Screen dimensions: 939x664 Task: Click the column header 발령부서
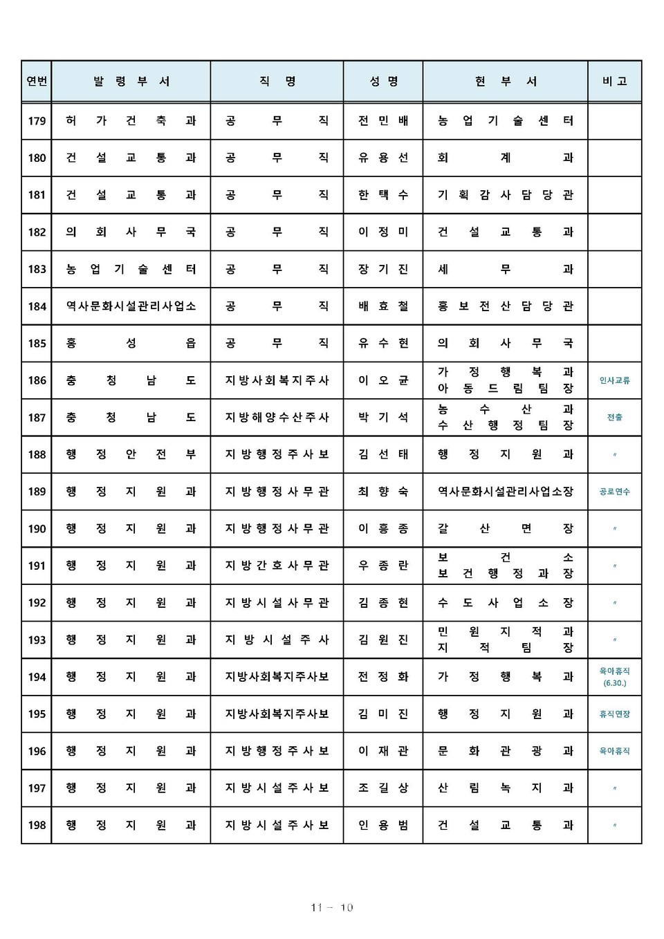(x=131, y=82)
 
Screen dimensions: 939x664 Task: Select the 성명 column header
(x=383, y=82)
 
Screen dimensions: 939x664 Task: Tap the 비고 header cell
(x=614, y=82)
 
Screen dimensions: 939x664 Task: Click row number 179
(x=37, y=121)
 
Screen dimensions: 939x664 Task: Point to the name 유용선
(x=383, y=158)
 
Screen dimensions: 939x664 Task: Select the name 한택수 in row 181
(x=383, y=195)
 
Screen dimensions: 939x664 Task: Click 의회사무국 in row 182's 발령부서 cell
(x=131, y=232)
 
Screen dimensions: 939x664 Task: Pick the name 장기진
(x=383, y=269)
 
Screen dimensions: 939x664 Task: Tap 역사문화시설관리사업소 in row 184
(x=131, y=306)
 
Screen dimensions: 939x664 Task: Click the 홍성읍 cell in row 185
(x=131, y=343)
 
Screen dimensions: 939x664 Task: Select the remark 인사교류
(x=614, y=380)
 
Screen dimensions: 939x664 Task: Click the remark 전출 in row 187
(x=614, y=418)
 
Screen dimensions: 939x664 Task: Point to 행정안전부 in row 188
(x=131, y=454)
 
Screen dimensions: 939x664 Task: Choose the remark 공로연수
(x=614, y=492)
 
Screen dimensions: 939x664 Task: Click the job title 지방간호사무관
(x=277, y=566)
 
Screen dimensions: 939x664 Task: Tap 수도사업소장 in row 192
(x=505, y=603)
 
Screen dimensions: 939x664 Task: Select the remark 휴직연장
(x=614, y=714)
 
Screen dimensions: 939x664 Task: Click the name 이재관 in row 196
(x=383, y=751)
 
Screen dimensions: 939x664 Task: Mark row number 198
(x=37, y=825)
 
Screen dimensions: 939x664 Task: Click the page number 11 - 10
(x=332, y=907)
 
